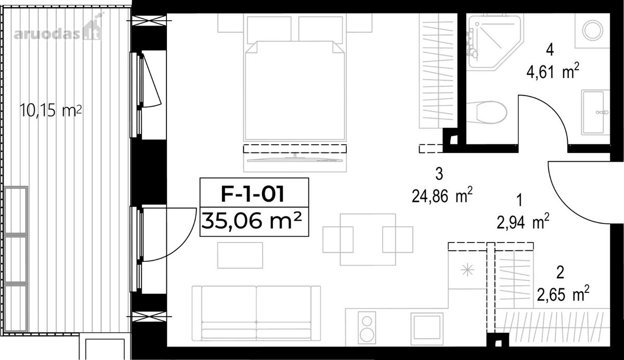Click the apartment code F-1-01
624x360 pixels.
(x=252, y=194)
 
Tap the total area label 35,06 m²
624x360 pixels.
(x=252, y=221)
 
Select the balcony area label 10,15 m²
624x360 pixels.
(x=51, y=111)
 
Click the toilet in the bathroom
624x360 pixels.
(x=487, y=112)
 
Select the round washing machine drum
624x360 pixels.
(x=592, y=30)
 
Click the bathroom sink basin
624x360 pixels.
(x=595, y=112)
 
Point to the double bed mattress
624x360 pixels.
(x=294, y=91)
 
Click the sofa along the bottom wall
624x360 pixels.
(x=256, y=313)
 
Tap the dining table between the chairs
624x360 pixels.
(x=368, y=240)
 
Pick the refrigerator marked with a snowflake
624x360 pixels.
(x=467, y=269)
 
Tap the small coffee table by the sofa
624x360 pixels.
(x=240, y=255)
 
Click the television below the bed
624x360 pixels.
(x=295, y=159)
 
